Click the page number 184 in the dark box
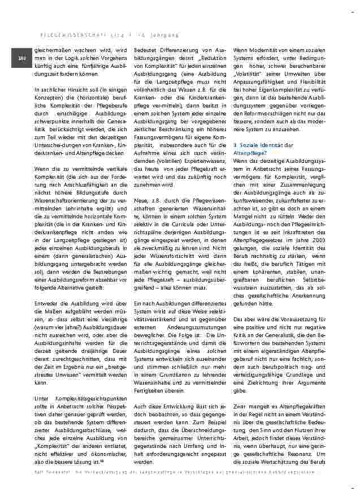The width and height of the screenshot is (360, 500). pyautogui.click(x=21, y=58)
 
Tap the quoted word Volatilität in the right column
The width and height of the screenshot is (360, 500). pyautogui.click(x=251, y=74)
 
